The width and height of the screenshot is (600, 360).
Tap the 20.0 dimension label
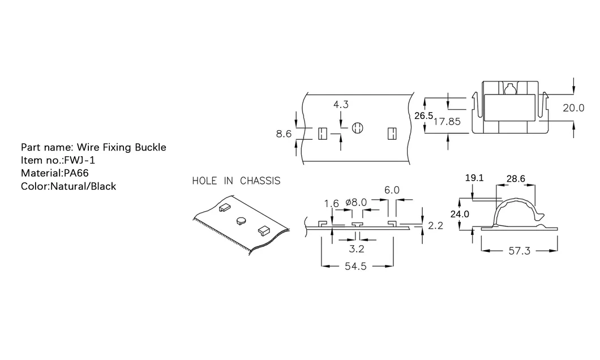[573, 108]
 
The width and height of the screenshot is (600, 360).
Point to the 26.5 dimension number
[423, 115]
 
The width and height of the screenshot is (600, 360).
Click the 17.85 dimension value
[447, 121]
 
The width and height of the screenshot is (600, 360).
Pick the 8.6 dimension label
[284, 134]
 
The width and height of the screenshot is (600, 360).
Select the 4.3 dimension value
[341, 105]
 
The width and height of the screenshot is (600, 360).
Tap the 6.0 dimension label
[392, 191]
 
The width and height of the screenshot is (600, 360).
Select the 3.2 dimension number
[355, 247]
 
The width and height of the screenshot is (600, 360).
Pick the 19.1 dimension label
[474, 178]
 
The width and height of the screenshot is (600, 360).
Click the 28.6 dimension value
[516, 178]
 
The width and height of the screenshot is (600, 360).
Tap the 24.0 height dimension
[459, 214]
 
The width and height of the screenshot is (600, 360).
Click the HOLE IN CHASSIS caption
[236, 181]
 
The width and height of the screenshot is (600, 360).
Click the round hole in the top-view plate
[357, 128]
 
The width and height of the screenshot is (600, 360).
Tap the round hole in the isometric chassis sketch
[241, 219]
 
